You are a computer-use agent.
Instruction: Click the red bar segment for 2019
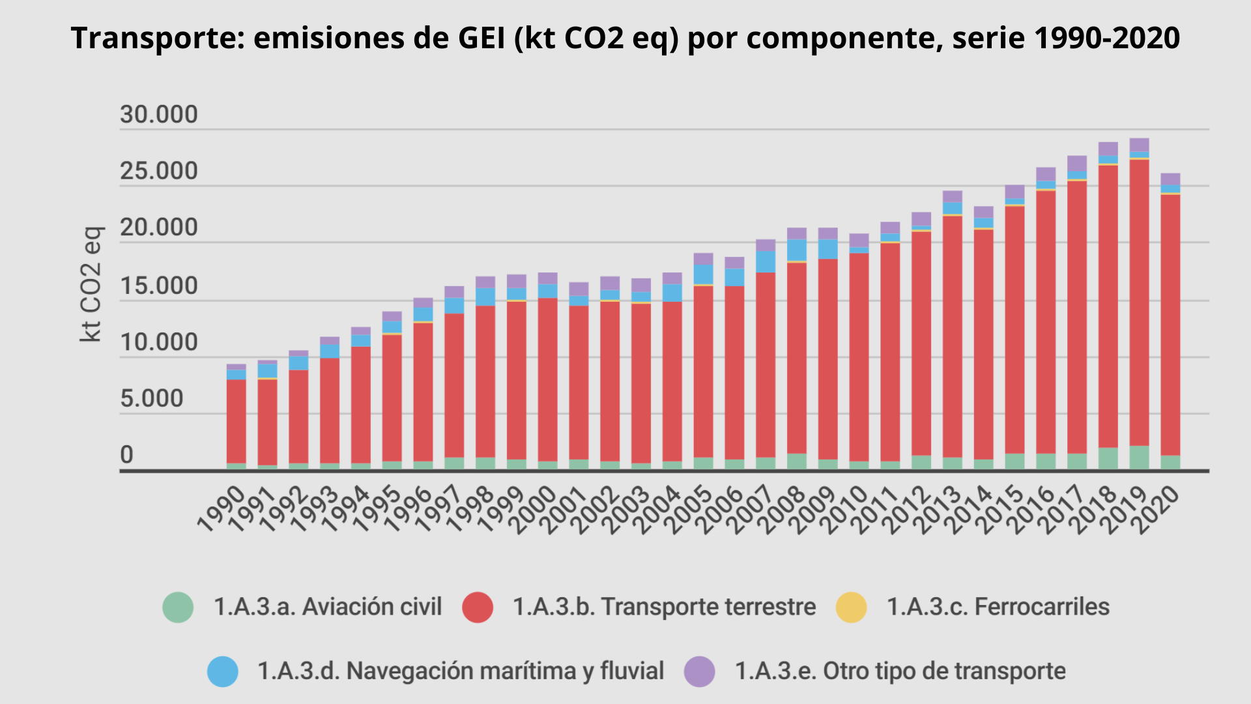pos(1139,303)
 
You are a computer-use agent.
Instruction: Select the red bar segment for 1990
pos(236,420)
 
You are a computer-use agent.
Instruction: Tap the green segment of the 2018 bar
pos(1108,458)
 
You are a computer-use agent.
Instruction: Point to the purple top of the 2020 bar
pos(1170,179)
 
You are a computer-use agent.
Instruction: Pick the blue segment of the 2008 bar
pos(796,250)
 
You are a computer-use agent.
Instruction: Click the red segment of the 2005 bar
pos(703,372)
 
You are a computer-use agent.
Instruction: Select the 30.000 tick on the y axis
pos(158,115)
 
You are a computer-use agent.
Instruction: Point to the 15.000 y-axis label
pos(158,286)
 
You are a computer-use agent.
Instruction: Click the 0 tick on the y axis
pos(126,455)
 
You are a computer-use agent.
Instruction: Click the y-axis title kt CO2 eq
pos(91,284)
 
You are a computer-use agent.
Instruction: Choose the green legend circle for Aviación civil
pos(178,607)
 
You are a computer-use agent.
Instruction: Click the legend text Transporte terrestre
pos(664,607)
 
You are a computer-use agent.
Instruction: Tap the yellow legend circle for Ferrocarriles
pos(851,607)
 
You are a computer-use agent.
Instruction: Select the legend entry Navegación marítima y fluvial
pos(460,671)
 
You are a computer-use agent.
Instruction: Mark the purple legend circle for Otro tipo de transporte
pos(699,671)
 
